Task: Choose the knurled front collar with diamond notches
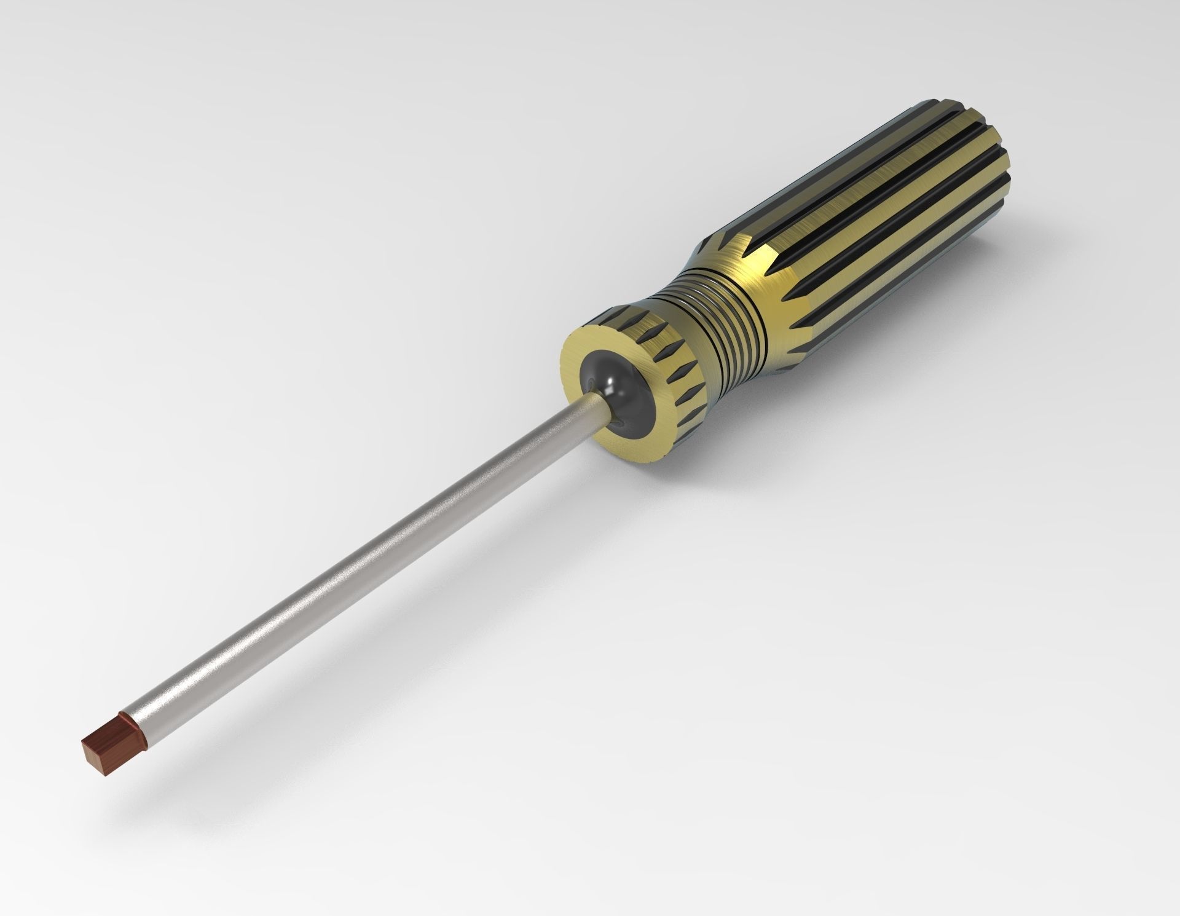[682, 393]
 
